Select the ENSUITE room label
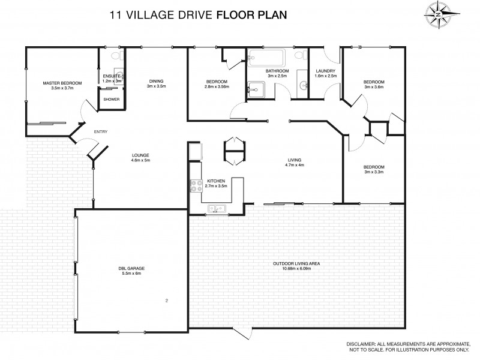112,76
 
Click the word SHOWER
112,99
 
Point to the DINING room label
156,82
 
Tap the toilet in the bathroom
299,58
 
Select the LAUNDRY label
325,71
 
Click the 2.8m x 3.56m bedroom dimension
217,87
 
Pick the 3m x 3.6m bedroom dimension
373,87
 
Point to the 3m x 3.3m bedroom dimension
373,172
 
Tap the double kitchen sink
216,209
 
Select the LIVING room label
294,160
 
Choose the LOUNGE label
140,155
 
